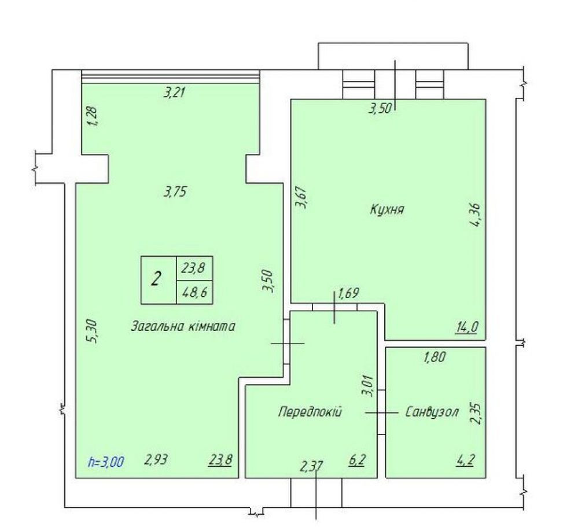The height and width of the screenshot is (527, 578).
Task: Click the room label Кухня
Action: (386, 209)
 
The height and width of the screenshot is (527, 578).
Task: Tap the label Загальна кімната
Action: (183, 326)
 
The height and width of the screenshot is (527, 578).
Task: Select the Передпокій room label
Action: (310, 411)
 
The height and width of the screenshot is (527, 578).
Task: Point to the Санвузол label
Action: (432, 411)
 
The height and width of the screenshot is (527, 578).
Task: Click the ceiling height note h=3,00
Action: (106, 462)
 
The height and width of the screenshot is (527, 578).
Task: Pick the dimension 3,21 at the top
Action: (174, 92)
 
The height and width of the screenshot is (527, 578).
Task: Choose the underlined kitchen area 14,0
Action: (467, 326)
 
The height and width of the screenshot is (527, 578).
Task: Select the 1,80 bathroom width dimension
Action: (435, 357)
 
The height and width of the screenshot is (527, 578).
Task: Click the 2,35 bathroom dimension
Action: (476, 413)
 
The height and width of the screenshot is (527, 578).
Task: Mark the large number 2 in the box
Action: (156, 279)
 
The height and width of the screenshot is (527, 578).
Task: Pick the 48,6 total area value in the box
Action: (194, 293)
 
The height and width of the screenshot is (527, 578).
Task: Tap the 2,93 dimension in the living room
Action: (156, 459)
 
